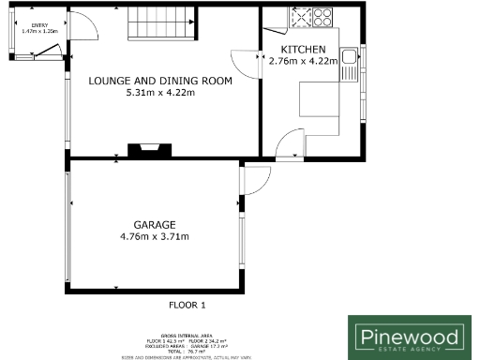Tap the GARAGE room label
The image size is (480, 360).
(x=155, y=224)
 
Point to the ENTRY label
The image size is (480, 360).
(x=38, y=25)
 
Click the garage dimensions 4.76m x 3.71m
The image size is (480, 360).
(x=155, y=236)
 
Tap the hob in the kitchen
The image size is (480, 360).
(x=313, y=17)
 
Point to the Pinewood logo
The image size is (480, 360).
(x=406, y=337)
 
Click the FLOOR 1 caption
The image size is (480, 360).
(x=187, y=306)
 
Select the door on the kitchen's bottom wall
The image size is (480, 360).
(x=290, y=146)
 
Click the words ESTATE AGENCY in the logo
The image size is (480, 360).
(x=407, y=350)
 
